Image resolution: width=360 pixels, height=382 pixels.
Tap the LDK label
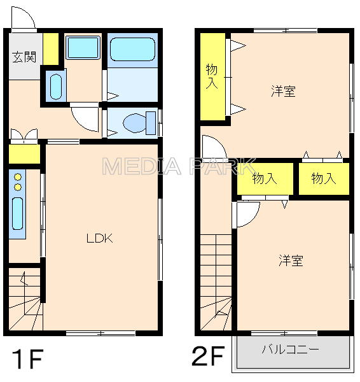[x=100, y=239]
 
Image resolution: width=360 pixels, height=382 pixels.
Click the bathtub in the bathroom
[x=132, y=48]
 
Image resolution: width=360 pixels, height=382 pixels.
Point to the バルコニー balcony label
[x=291, y=350]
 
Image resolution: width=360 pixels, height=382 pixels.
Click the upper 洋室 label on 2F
[x=283, y=91]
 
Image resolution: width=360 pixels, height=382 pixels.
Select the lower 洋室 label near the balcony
[x=290, y=260]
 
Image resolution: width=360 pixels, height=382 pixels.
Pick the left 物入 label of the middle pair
[x=265, y=179]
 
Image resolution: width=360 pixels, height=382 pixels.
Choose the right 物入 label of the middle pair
[x=324, y=179]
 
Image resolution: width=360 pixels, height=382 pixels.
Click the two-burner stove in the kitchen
[x=17, y=181]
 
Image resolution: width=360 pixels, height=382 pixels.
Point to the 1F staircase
[x=25, y=299]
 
